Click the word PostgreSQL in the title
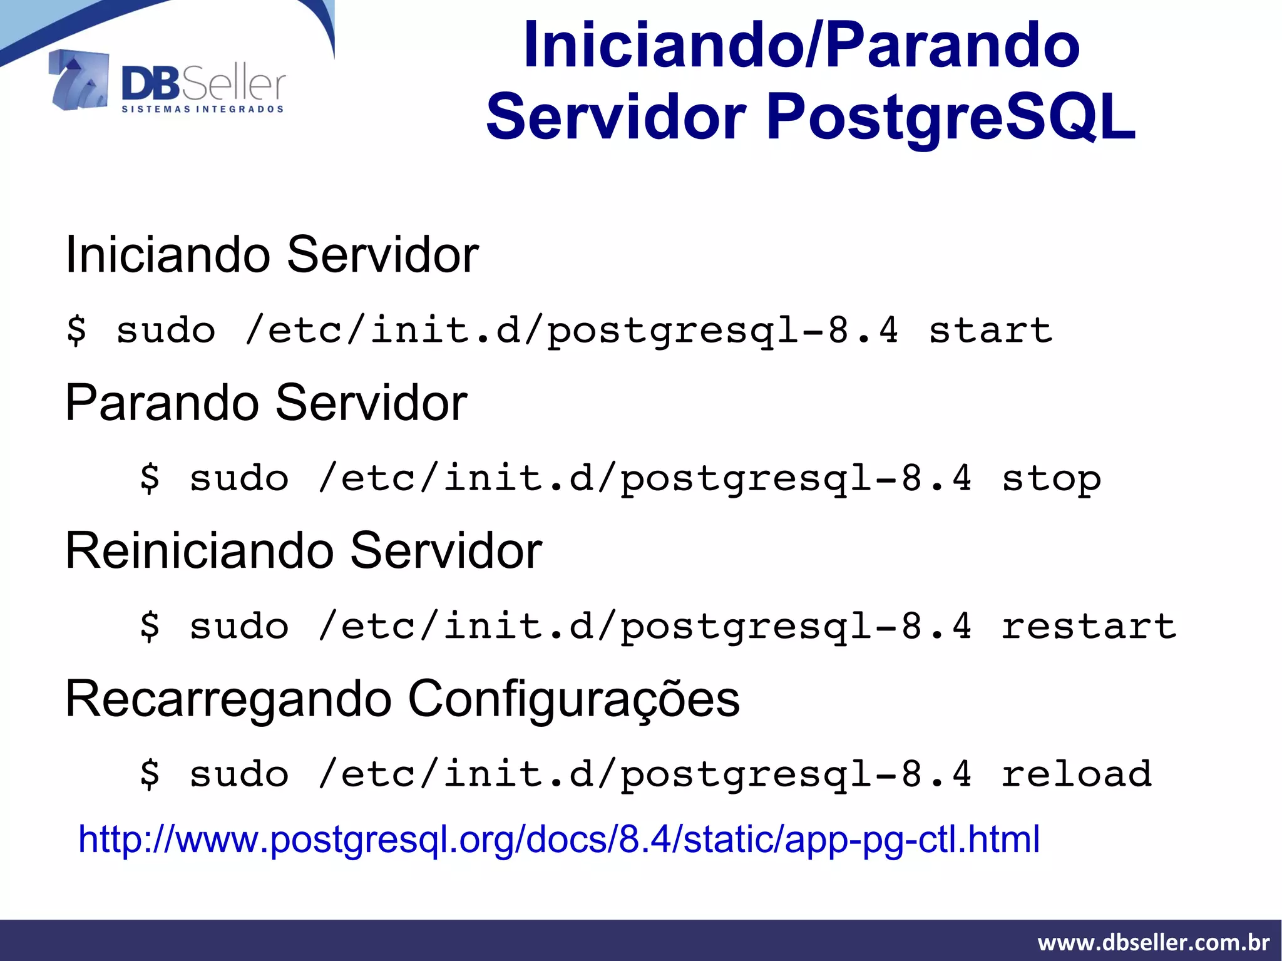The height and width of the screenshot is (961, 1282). [x=950, y=118]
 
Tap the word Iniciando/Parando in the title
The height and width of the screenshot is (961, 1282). [x=802, y=45]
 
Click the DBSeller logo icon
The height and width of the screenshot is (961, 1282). [x=79, y=80]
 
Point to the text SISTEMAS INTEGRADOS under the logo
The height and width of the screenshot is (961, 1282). [x=202, y=110]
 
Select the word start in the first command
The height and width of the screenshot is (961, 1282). [x=990, y=330]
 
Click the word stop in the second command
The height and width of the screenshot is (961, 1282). [x=1051, y=479]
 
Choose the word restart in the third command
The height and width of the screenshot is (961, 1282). [x=1089, y=627]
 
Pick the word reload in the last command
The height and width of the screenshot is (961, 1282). [x=1076, y=774]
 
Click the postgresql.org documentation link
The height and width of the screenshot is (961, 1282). [x=558, y=840]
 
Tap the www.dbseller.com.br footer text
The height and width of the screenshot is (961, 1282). [x=1153, y=942]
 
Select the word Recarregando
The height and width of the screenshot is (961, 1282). [x=228, y=699]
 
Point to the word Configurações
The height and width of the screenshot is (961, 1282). [x=573, y=699]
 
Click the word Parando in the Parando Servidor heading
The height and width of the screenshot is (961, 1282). [x=162, y=403]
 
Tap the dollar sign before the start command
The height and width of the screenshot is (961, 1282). [x=76, y=330]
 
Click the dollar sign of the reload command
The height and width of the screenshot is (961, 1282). [x=150, y=774]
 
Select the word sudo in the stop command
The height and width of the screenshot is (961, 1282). [x=239, y=479]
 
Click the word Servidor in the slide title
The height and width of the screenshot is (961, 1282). [x=617, y=118]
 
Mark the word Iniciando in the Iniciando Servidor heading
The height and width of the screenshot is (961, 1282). [x=168, y=255]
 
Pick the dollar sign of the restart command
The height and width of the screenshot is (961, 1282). [x=150, y=627]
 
